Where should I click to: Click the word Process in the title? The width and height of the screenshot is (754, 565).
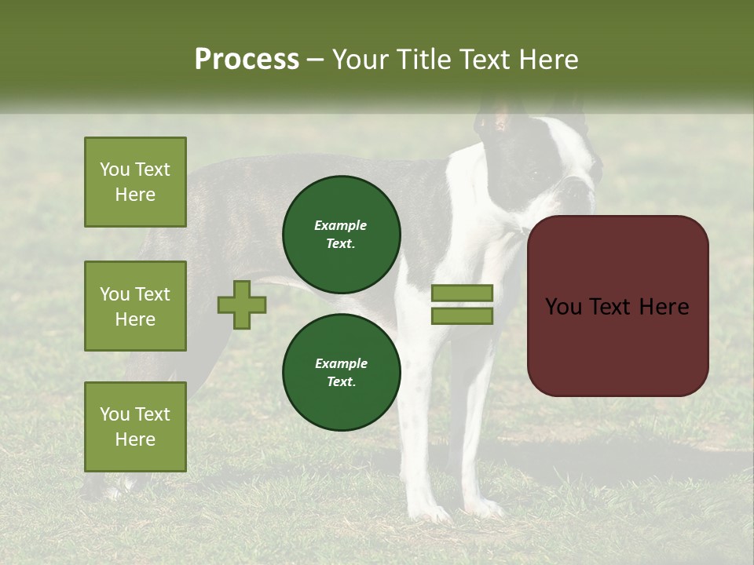point(247,60)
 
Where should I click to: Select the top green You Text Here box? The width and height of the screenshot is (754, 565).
point(135,182)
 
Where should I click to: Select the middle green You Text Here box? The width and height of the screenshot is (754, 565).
point(135,306)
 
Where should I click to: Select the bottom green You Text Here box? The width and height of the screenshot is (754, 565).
point(135,427)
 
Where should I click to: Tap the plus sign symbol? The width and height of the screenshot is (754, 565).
point(242,305)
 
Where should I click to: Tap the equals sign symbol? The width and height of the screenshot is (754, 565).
point(462,304)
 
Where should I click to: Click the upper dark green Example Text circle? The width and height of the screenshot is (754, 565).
point(341,235)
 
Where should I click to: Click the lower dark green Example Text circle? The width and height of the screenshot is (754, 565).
point(341,373)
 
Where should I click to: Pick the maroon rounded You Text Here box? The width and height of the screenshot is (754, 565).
point(617,306)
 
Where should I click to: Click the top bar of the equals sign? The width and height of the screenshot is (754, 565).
point(462,293)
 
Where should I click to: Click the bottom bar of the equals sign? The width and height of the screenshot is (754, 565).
point(462,315)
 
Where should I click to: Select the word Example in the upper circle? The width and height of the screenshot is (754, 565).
point(341,226)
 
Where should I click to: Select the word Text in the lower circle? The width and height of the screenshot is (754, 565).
point(341,382)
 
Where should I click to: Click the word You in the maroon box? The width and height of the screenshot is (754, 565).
point(564,307)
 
